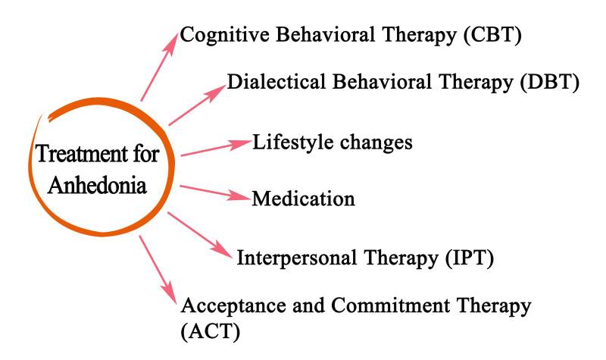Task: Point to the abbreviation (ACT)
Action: point(210,331)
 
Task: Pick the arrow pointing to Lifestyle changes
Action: point(216,148)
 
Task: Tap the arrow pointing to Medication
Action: point(215,192)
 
